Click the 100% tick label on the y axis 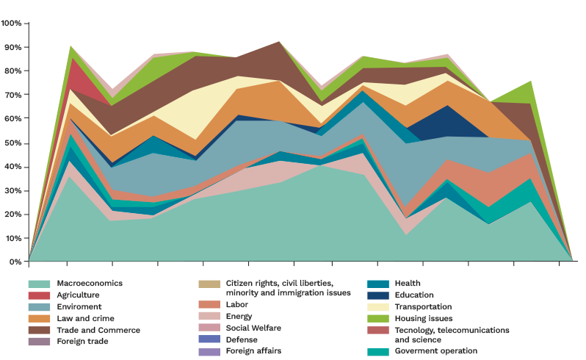point(11,24)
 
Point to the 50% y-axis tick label point(12,143)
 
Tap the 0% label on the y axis point(15,262)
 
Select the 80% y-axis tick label point(12,71)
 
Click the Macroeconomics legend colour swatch point(39,284)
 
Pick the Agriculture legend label point(78,295)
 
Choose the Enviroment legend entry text point(80,307)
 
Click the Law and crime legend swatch point(39,319)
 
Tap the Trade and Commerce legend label point(98,331)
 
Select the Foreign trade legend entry point(84,342)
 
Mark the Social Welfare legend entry point(253,328)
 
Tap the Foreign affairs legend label point(253,351)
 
